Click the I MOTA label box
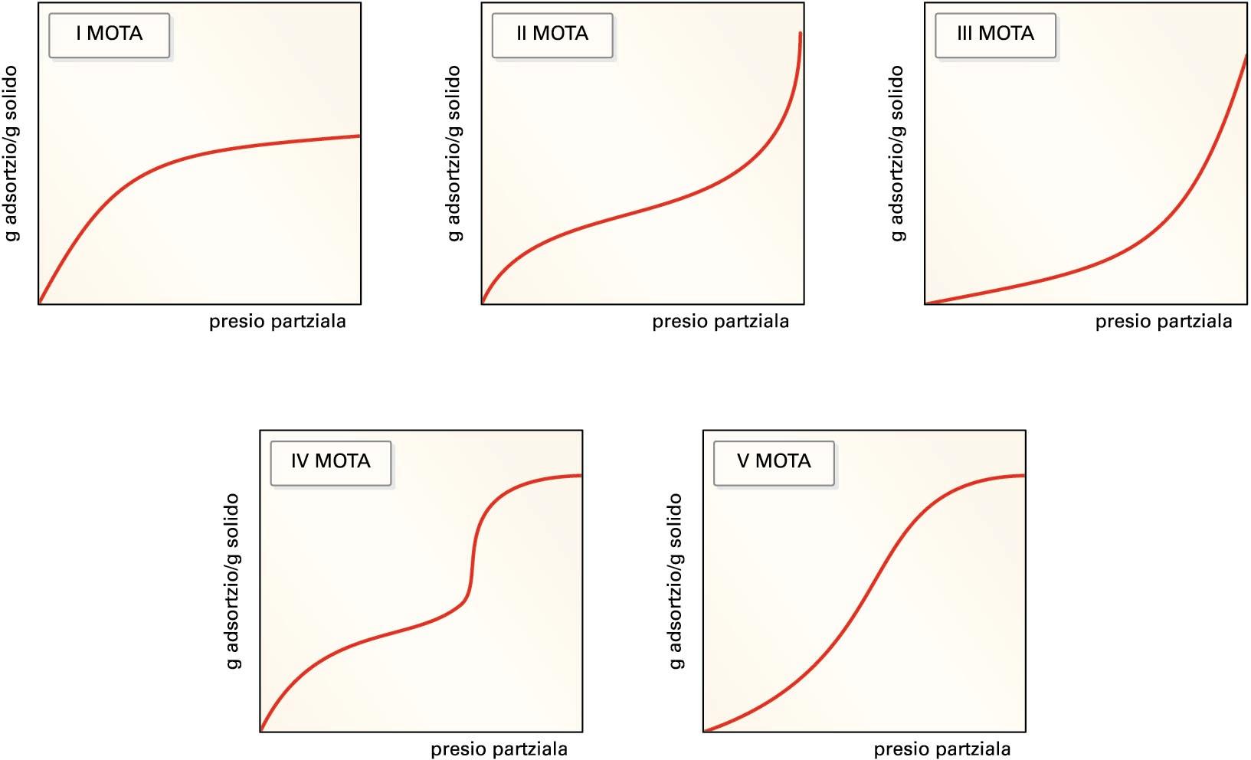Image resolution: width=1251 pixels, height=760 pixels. coord(109,34)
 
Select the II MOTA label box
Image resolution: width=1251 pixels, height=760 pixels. coord(552,34)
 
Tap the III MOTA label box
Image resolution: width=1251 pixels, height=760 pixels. coord(994,34)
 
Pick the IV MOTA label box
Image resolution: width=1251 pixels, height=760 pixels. coord(330,461)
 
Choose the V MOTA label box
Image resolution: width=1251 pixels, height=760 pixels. coord(773,461)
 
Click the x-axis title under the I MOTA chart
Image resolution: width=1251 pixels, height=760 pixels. coord(277,322)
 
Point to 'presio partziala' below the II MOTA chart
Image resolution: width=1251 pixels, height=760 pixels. coord(720,322)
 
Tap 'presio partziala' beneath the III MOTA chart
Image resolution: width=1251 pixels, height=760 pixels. coord(1163,322)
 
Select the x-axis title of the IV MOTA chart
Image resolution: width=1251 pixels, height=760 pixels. coord(499,749)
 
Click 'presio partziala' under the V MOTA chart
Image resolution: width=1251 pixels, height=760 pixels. coord(942,749)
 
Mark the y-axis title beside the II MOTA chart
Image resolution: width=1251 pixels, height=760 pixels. coord(454,153)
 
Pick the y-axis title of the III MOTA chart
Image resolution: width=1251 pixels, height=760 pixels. coord(897,153)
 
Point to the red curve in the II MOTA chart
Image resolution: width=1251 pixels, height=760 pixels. coord(644,207)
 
